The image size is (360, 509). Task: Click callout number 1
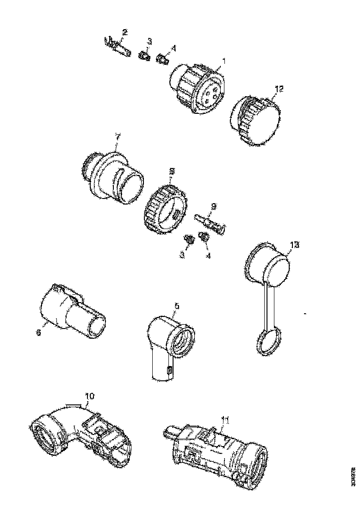click(223, 61)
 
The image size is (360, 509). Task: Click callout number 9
click(213, 205)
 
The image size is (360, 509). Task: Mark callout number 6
click(39, 332)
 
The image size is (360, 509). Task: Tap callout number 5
click(176, 306)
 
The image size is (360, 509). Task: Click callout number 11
click(224, 420)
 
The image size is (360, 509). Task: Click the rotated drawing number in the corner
click(354, 477)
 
